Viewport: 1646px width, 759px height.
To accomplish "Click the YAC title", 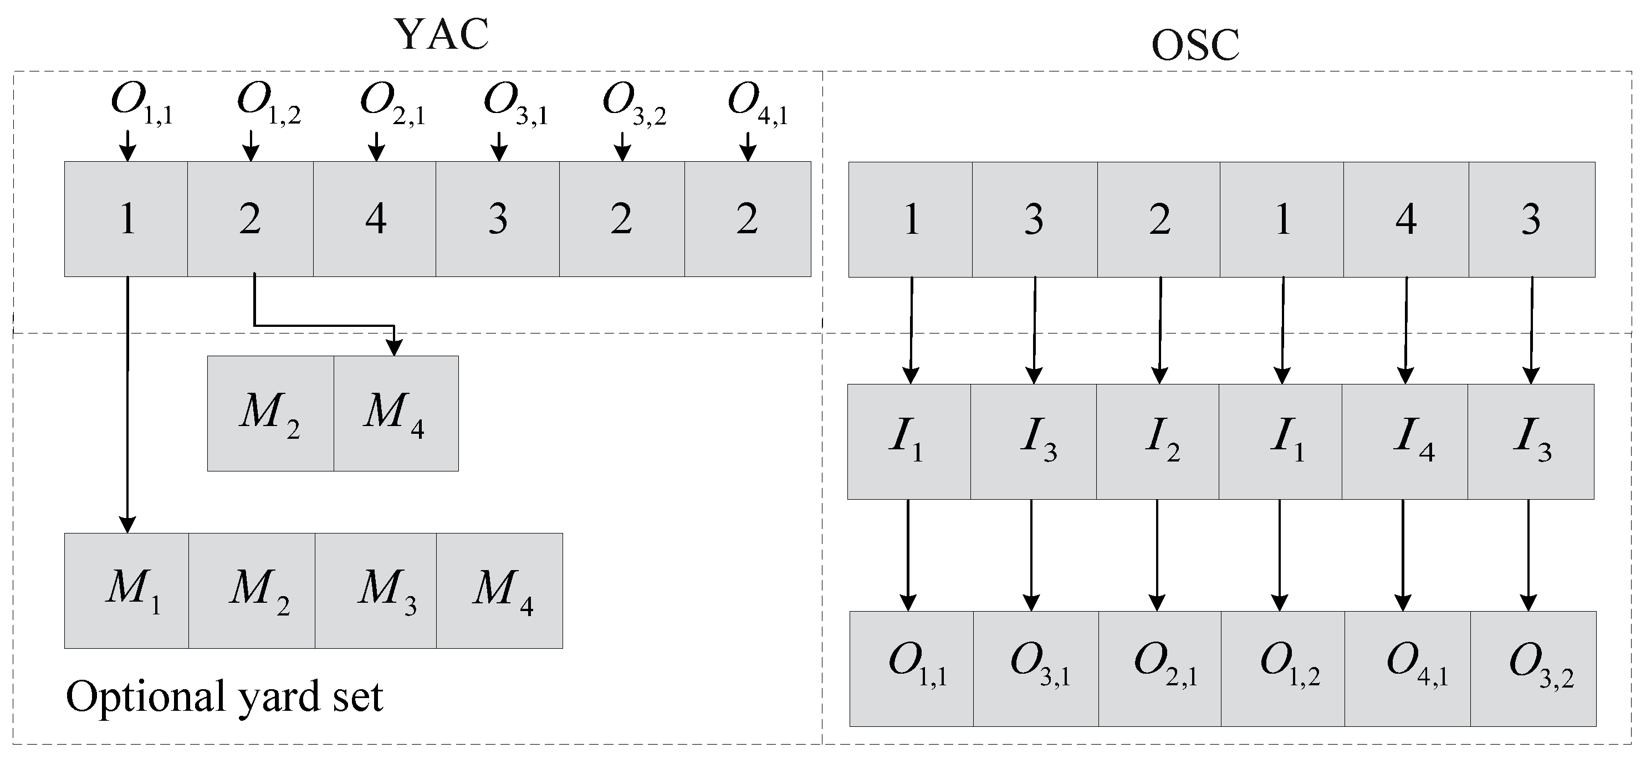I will pyautogui.click(x=442, y=34).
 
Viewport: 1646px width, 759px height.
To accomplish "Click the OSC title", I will pyautogui.click(x=1195, y=46).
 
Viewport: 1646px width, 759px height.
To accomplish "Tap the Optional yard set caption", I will pyautogui.click(x=224, y=696).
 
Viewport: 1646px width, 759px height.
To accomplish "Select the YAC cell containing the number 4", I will pyautogui.click(x=375, y=219).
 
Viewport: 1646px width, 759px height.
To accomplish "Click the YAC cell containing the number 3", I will pyautogui.click(x=498, y=219).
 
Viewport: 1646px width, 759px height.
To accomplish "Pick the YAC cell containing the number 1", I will pyautogui.click(x=126, y=219).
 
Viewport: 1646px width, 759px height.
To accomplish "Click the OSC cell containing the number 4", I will pyautogui.click(x=1405, y=219).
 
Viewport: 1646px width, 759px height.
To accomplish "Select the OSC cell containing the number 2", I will pyautogui.click(x=1159, y=219).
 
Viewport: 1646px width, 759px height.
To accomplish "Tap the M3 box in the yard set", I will pyautogui.click(x=376, y=591).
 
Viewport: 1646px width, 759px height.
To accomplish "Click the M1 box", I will pyautogui.click(x=126, y=591).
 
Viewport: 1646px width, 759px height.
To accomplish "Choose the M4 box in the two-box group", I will pyautogui.click(x=396, y=413).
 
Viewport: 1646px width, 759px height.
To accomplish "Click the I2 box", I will pyautogui.click(x=1158, y=442).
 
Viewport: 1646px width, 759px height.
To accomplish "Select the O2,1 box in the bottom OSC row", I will pyautogui.click(x=1160, y=668).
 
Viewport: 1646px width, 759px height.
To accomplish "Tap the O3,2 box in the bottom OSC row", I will pyautogui.click(x=1532, y=668).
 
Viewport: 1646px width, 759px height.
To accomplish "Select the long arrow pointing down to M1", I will pyautogui.click(x=128, y=403).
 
